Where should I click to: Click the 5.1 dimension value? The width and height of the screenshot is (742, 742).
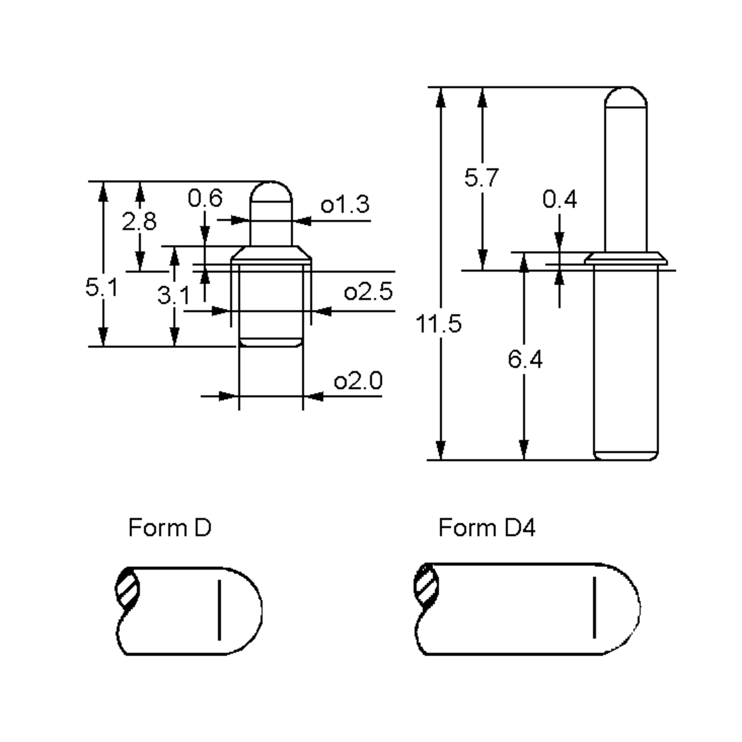pos(101,288)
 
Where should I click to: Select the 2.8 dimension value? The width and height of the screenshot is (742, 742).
pos(139,222)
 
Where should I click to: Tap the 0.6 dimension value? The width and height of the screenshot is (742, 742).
pos(205,198)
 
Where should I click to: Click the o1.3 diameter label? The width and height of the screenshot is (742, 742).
pos(345,204)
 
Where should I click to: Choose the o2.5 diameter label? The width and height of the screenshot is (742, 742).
pos(368,292)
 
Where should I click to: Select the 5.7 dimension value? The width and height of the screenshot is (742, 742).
pos(482,178)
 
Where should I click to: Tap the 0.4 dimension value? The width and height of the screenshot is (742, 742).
pos(560,200)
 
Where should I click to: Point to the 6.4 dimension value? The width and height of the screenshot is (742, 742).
pos(525,360)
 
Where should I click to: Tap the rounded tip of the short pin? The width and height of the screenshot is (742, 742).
pos(271,190)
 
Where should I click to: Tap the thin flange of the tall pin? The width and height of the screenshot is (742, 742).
pos(626,258)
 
